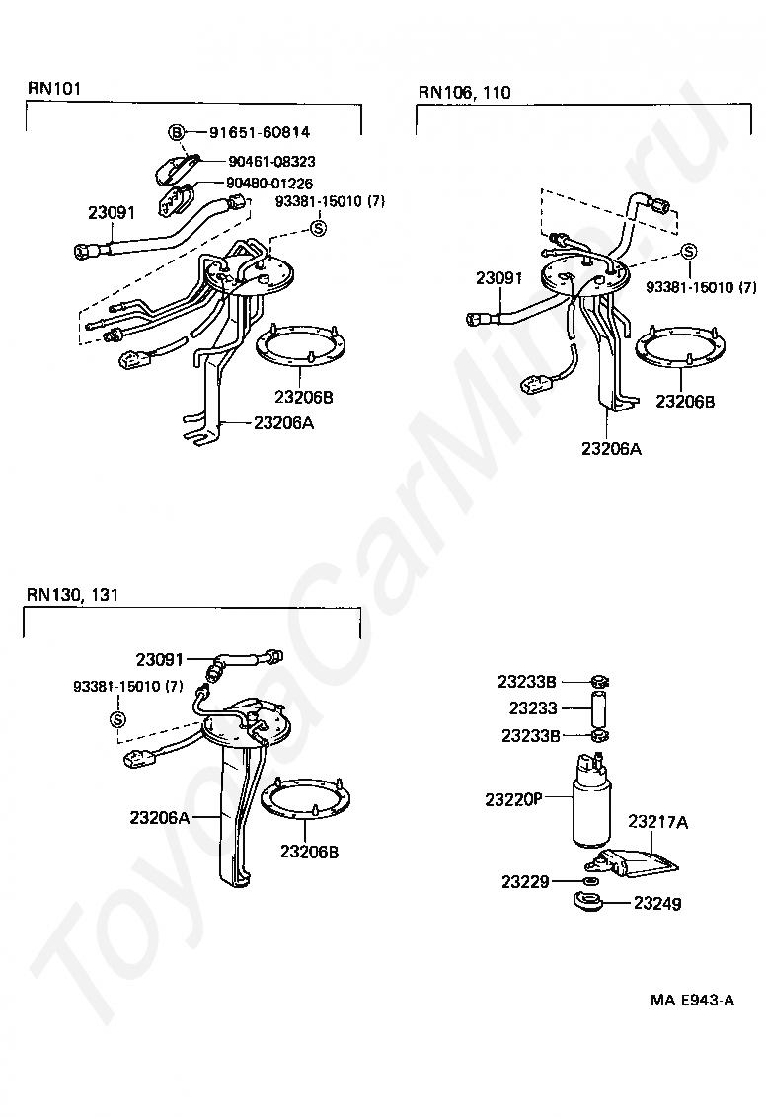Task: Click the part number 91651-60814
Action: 258,132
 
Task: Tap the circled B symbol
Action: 175,132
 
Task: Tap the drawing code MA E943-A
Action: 691,1000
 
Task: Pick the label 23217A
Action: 658,821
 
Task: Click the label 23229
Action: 524,881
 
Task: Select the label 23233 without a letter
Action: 533,708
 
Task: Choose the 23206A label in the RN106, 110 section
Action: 611,449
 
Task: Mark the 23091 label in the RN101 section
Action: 111,211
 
